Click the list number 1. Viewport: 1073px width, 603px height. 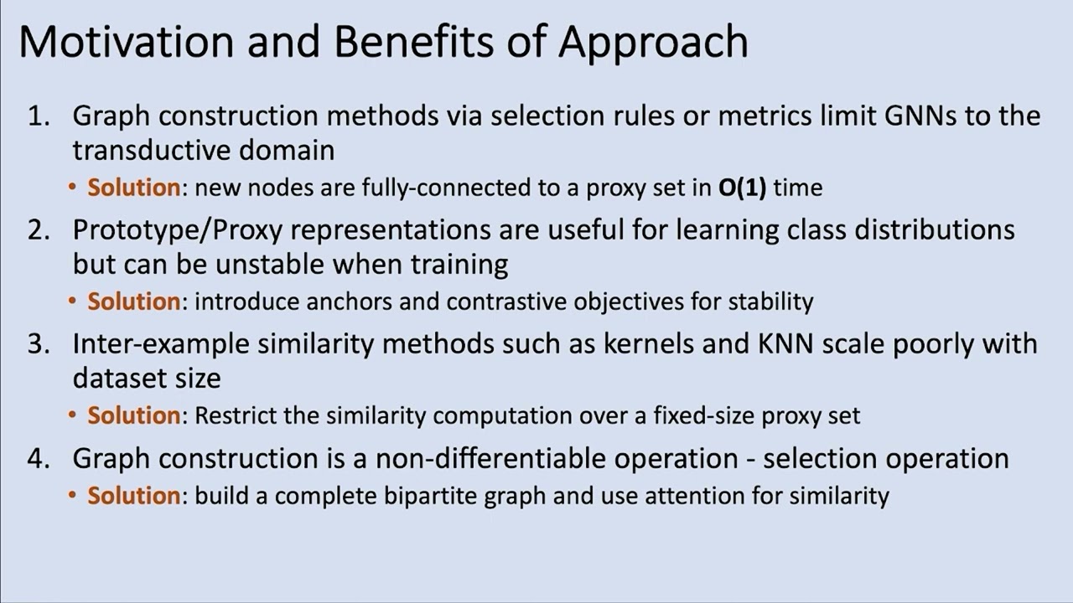pyautogui.click(x=39, y=116)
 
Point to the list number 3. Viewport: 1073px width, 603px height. pyautogui.click(x=39, y=343)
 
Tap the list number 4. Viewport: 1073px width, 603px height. pyautogui.click(x=39, y=458)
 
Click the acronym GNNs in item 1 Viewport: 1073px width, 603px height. pyautogui.click(x=920, y=116)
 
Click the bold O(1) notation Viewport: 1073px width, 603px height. pyautogui.click(x=743, y=188)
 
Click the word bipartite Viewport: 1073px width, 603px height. pyautogui.click(x=432, y=496)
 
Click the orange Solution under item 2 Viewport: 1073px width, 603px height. pyautogui.click(x=134, y=301)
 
